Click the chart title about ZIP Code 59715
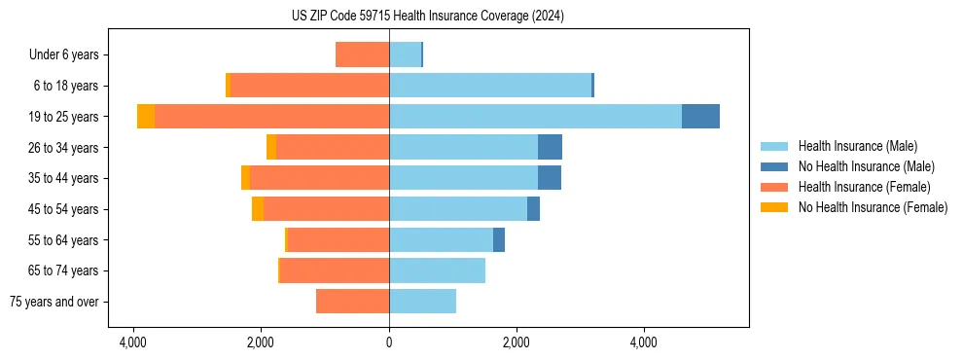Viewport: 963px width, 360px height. (427, 17)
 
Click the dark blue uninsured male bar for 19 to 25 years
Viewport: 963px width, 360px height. (700, 117)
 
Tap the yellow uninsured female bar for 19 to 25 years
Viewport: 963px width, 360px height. (146, 117)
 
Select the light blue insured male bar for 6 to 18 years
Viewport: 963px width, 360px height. (490, 86)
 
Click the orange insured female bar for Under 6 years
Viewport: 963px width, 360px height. (362, 54)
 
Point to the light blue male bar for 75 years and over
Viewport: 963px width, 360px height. (422, 302)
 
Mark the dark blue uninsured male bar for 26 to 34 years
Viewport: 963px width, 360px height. (550, 147)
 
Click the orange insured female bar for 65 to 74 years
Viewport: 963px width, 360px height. (335, 270)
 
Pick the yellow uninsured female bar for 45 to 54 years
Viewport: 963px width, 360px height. (258, 209)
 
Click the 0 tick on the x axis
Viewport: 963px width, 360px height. (389, 342)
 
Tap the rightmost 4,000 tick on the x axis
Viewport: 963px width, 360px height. (644, 342)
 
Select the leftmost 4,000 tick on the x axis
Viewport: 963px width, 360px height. (133, 342)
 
